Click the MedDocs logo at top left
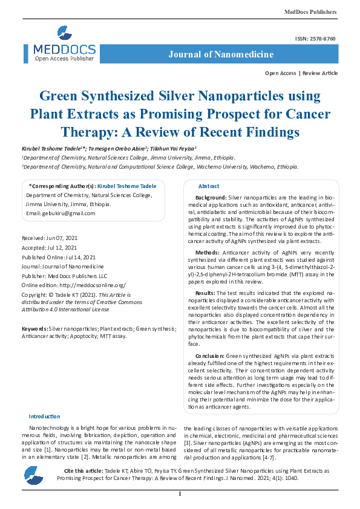click(64, 45)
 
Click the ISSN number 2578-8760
click(324, 39)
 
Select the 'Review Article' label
click(320, 73)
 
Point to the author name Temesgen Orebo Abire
click(126, 148)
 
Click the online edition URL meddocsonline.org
click(91, 284)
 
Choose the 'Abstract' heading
click(209, 186)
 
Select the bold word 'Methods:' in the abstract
click(208, 251)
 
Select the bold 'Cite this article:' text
click(83, 470)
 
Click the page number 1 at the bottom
click(180, 495)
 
